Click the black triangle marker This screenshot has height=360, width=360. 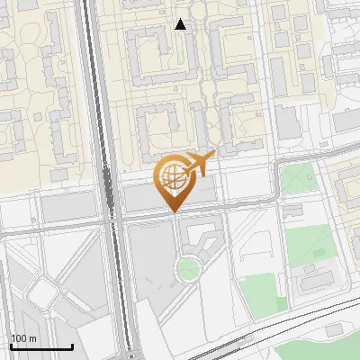181,24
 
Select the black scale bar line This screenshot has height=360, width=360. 41,346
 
